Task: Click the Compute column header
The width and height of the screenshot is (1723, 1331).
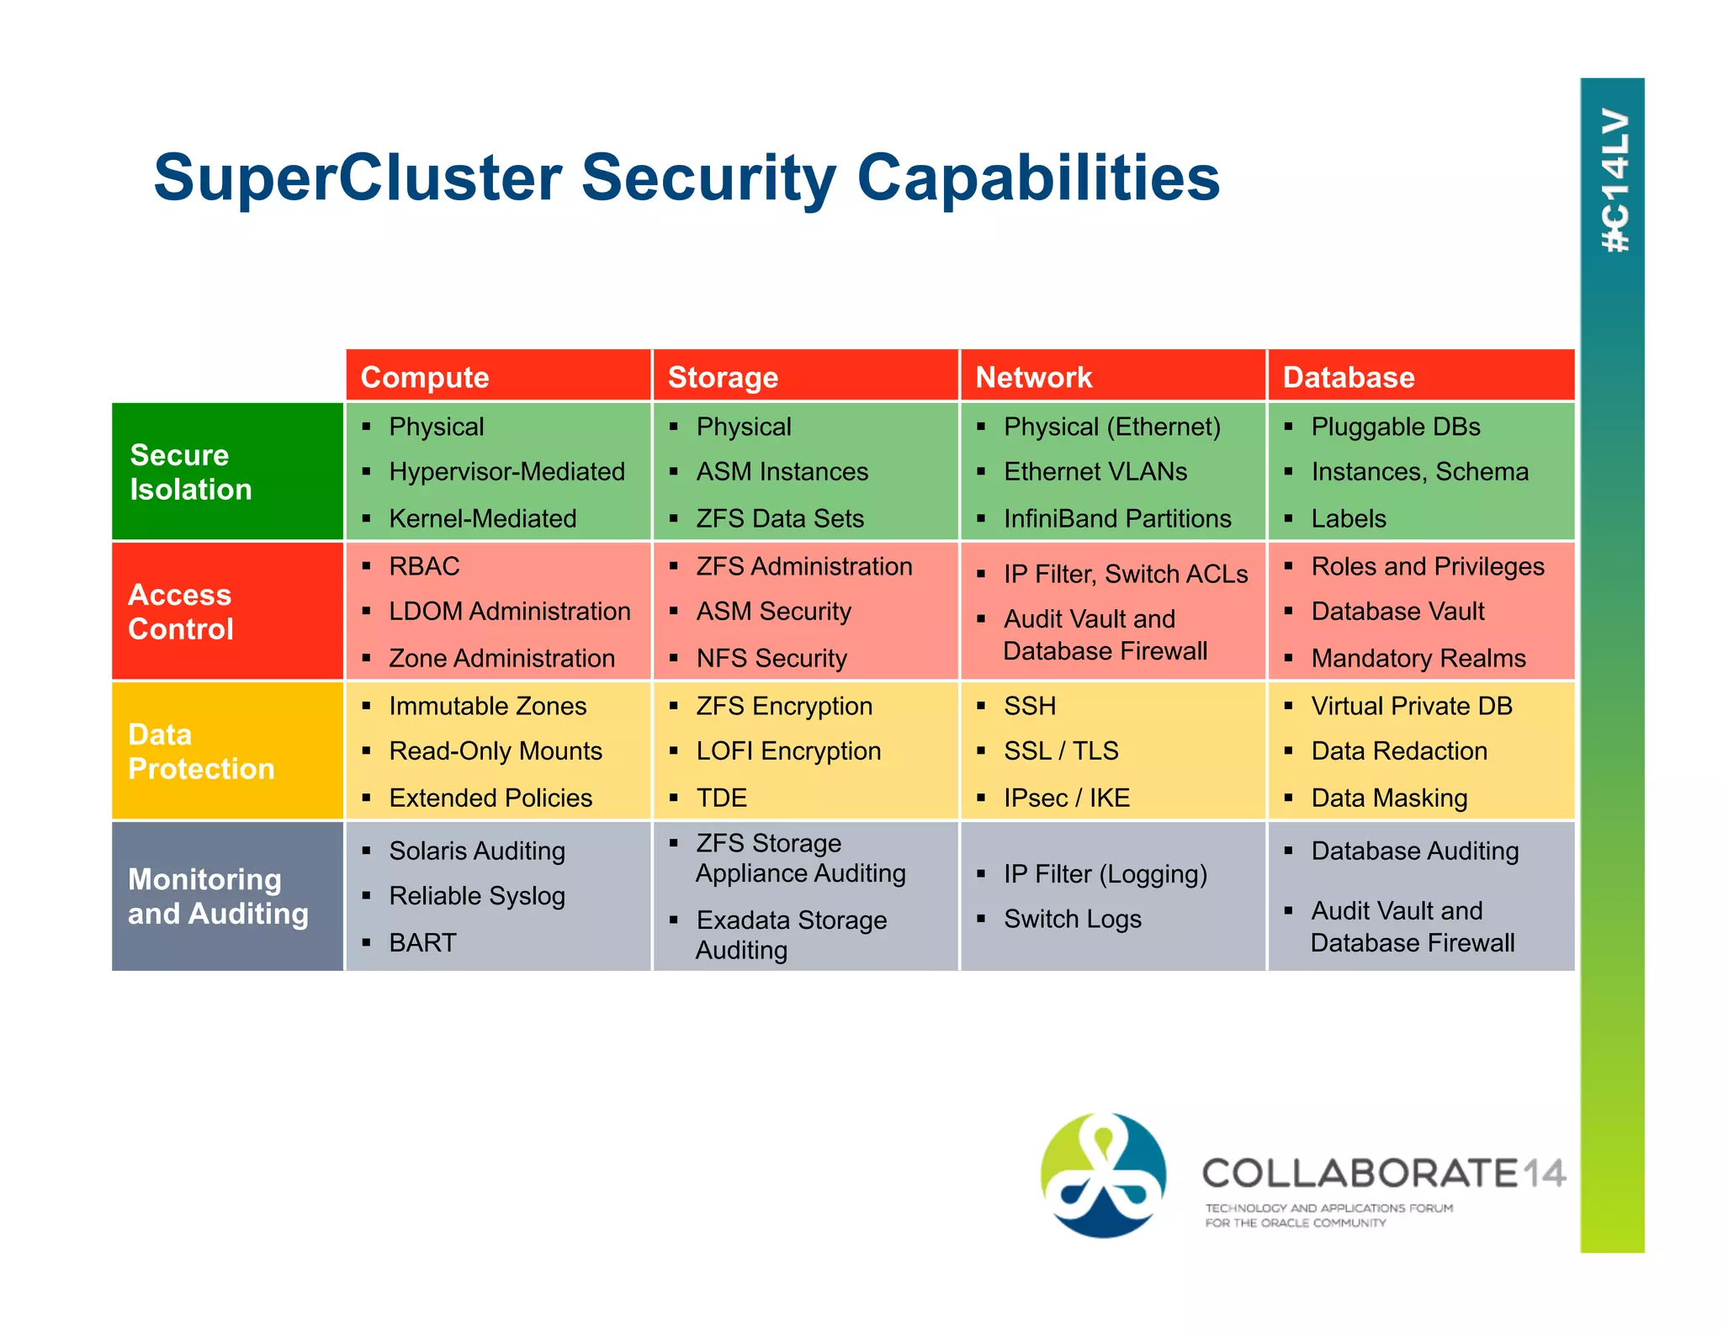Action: [425, 377]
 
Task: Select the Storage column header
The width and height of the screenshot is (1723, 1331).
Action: [723, 377]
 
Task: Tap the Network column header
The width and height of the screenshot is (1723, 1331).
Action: [1033, 377]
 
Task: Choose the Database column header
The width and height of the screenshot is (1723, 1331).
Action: [1348, 377]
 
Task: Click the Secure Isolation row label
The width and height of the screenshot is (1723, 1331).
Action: [191, 472]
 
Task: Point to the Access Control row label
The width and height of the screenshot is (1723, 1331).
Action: [181, 612]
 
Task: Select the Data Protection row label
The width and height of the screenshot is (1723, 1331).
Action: [201, 751]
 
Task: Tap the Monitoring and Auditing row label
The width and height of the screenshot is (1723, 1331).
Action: [218, 896]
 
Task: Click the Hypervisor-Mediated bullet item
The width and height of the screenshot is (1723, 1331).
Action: [506, 471]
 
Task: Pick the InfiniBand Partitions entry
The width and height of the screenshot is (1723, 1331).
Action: [1116, 518]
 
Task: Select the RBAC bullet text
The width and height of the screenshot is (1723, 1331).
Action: [424, 566]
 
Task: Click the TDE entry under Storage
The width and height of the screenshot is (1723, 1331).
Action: [721, 798]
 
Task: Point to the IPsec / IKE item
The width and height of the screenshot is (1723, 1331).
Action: [1066, 798]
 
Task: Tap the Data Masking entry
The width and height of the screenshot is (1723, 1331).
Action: [1388, 798]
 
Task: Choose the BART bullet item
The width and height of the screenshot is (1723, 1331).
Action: [422, 942]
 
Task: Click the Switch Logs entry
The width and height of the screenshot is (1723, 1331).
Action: [1072, 919]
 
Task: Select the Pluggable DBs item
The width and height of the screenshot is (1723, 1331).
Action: [1395, 427]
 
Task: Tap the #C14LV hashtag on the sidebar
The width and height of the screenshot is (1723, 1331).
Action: [1614, 181]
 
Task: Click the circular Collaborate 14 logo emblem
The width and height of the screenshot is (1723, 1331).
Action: [1103, 1175]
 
